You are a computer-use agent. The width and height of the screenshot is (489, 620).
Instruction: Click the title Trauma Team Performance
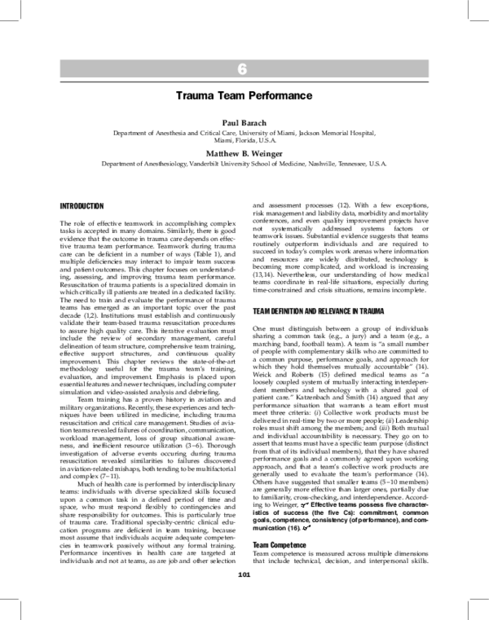(243, 95)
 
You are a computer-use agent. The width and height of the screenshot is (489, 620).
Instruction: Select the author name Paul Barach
(243, 121)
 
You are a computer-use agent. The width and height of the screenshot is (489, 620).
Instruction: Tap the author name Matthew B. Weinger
(243, 152)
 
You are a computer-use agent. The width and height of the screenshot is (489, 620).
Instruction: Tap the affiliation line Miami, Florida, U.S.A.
(243, 139)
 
